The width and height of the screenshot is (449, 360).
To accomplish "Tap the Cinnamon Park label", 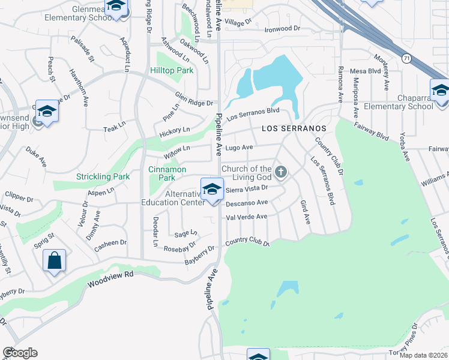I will coord(162,173).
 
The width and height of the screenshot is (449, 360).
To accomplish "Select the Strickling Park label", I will coord(103,177).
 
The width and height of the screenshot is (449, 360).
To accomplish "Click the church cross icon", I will coord(280,173).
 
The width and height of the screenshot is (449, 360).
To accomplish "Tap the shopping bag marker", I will coord(54,260).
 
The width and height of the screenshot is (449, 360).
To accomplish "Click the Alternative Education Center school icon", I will coord(211,189).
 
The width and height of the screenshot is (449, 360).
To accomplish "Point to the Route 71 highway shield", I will coord(407,58).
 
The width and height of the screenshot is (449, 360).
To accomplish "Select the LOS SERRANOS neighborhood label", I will coord(294,129).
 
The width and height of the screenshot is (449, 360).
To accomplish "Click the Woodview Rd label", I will coord(109,278).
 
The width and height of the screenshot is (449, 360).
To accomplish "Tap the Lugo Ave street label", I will coord(239,147).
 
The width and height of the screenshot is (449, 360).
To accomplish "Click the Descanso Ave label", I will coord(246,203).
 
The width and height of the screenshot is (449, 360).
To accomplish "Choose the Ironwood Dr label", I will coord(283,28).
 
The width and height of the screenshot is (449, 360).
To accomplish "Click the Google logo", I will coord(20,353).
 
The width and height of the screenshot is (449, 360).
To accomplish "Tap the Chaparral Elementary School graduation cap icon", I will coord(440,91).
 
